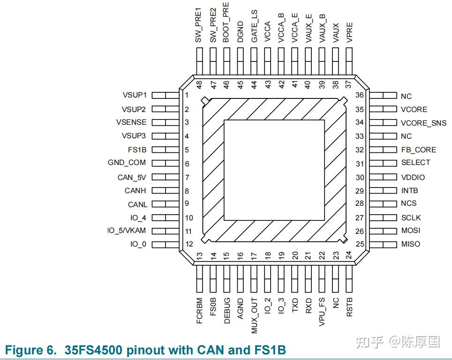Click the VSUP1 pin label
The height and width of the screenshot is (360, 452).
tap(134, 95)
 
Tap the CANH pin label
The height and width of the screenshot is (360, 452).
tap(136, 191)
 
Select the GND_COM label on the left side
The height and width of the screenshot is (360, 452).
tap(127, 163)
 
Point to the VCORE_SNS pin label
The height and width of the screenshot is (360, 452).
tap(424, 122)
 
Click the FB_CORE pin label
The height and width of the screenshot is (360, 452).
tap(418, 150)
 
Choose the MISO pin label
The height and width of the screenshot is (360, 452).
tap(410, 244)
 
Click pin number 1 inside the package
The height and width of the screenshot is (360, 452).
tap(187, 95)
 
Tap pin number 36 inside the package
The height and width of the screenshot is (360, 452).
tap(360, 95)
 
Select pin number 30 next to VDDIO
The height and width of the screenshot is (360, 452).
tap(360, 177)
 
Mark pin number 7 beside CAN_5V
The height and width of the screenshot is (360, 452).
tap(187, 178)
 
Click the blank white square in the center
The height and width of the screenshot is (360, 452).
tap(274, 170)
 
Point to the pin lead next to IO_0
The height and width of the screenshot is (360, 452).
tap(166, 244)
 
